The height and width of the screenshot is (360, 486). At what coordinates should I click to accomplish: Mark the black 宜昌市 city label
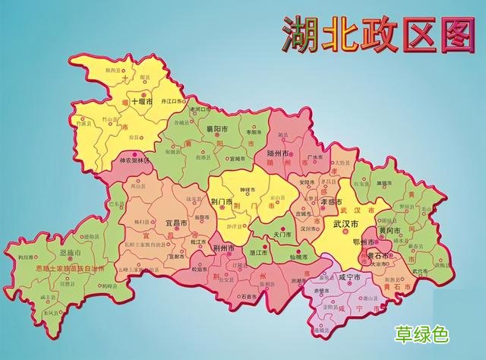pyautogui.click(x=176, y=224)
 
